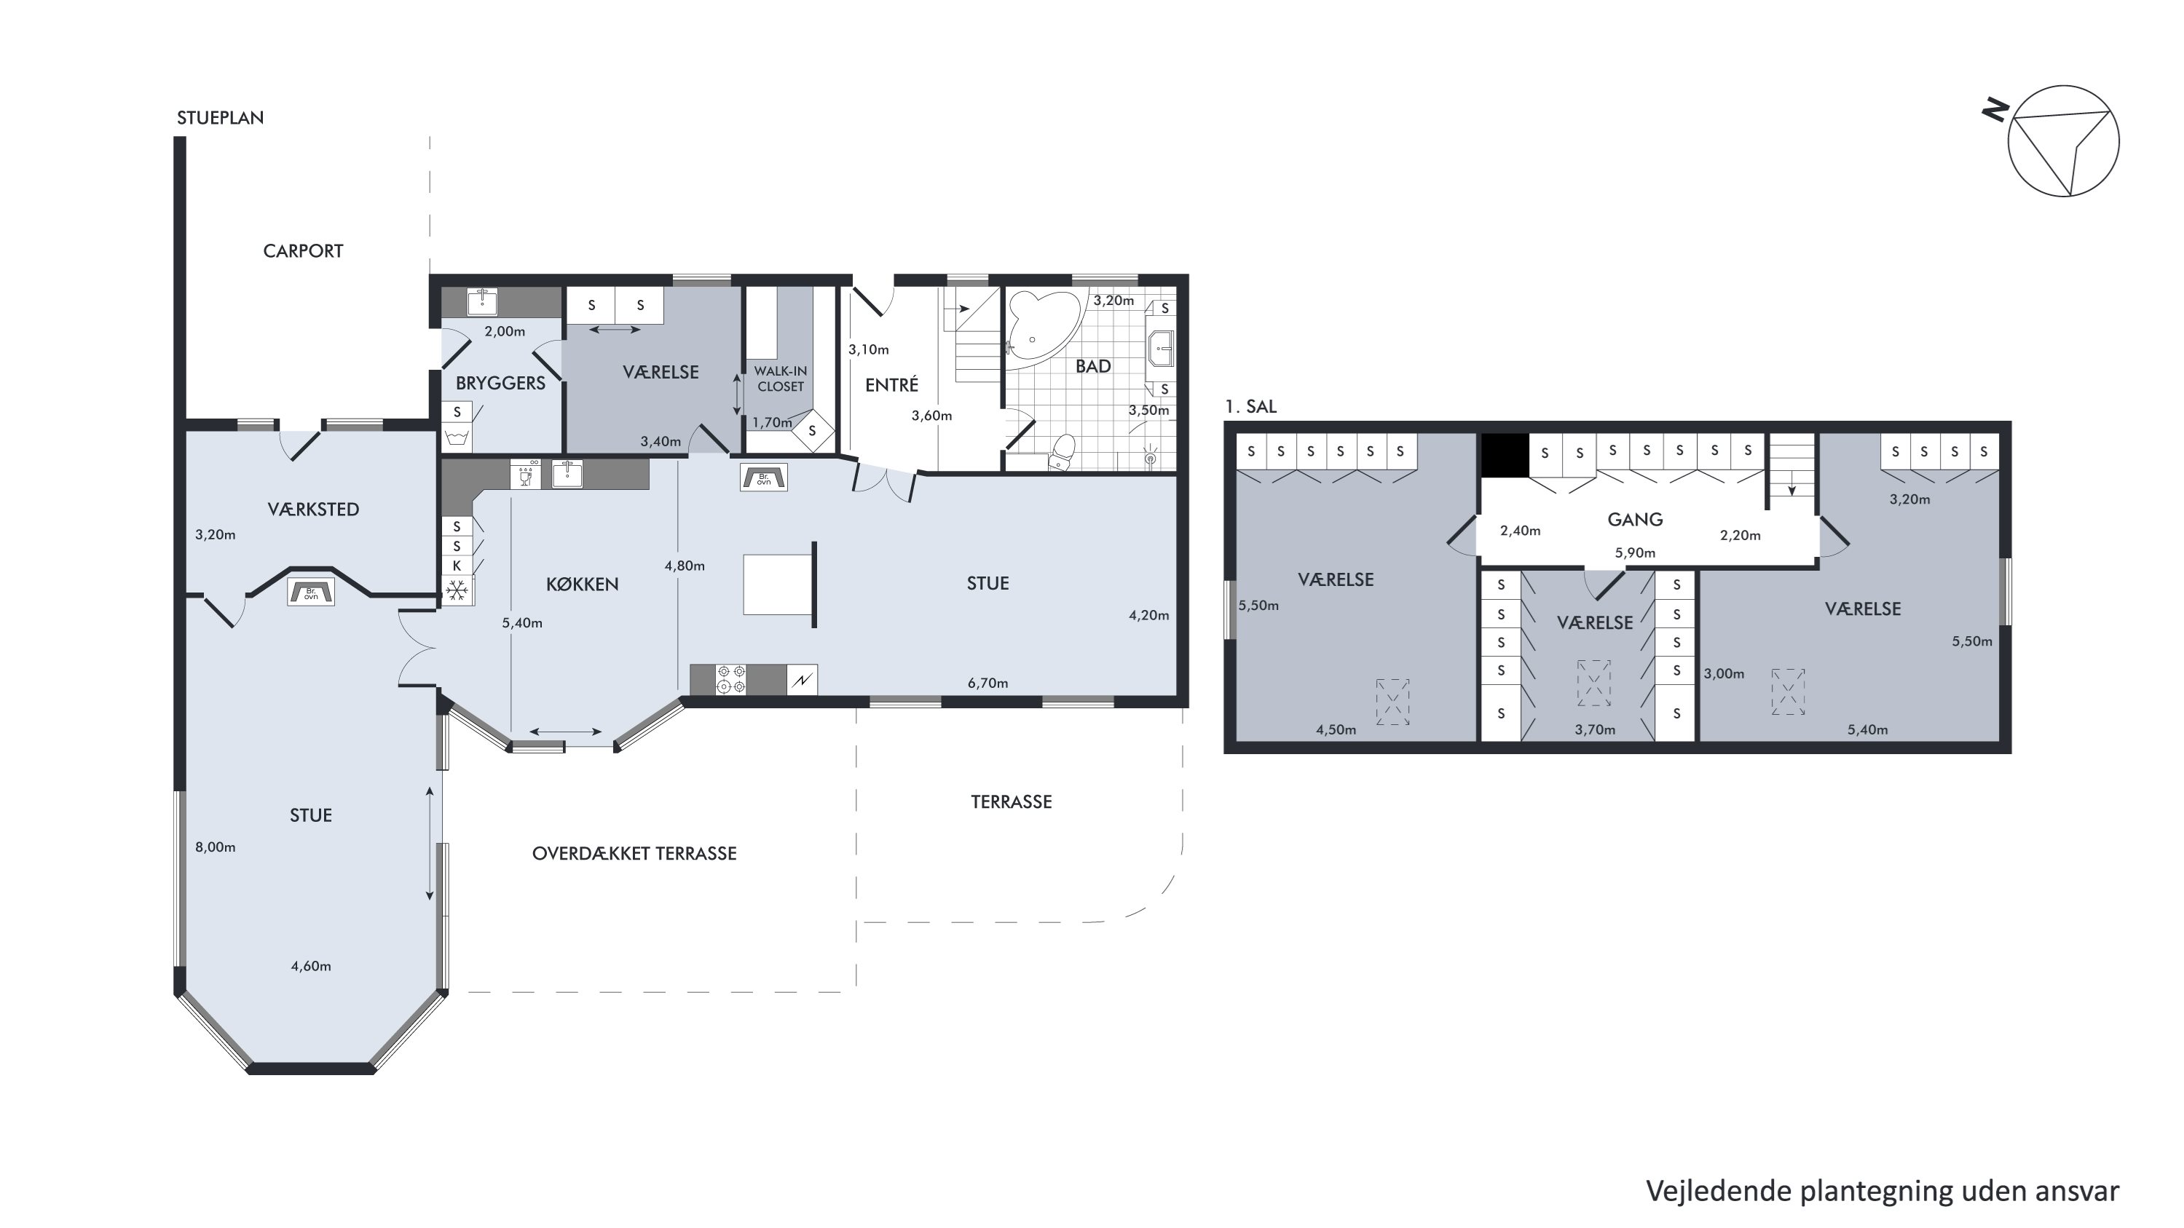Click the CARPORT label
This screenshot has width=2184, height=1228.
(x=303, y=251)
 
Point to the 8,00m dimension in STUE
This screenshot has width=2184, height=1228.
(x=216, y=847)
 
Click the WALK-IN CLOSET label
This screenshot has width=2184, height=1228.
(x=780, y=379)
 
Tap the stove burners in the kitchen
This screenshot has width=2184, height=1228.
(x=731, y=680)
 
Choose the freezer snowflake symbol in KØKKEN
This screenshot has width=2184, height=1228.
(x=458, y=590)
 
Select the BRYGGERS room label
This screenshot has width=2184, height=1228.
(x=500, y=383)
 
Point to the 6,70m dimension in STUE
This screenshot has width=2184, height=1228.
(x=987, y=683)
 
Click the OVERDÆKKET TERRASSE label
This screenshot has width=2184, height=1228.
(x=634, y=853)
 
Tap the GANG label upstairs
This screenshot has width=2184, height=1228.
(x=1635, y=520)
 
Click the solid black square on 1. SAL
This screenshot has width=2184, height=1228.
(x=1505, y=455)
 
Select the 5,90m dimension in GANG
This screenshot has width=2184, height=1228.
(x=1635, y=552)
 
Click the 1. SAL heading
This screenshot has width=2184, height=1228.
(x=1250, y=407)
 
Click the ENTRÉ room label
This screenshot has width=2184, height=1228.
(x=891, y=385)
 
